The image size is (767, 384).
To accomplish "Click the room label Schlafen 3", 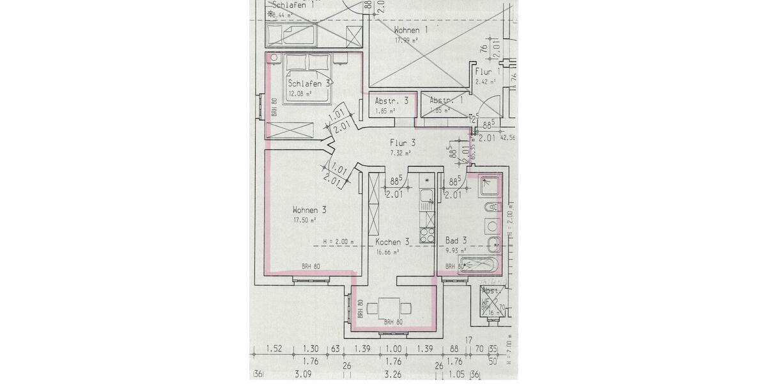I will pos(309,83).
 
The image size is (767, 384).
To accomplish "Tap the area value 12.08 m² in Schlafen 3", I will pos(300,93).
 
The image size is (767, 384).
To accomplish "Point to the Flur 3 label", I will pos(403,143).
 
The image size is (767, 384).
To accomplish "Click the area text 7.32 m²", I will pos(401,153).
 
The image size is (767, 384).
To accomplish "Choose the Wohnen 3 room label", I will pos(310,210).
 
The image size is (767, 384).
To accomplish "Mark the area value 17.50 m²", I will pos(305,220).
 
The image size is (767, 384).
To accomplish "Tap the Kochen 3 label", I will pos(392,242).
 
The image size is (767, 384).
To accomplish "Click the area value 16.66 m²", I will pos(387,252).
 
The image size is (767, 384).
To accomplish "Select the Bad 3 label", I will pos(456,241).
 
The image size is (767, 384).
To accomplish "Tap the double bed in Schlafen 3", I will pos(308,76).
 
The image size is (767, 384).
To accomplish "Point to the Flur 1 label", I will pos(486,72).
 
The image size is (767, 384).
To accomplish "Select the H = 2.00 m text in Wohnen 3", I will pos(338,242).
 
